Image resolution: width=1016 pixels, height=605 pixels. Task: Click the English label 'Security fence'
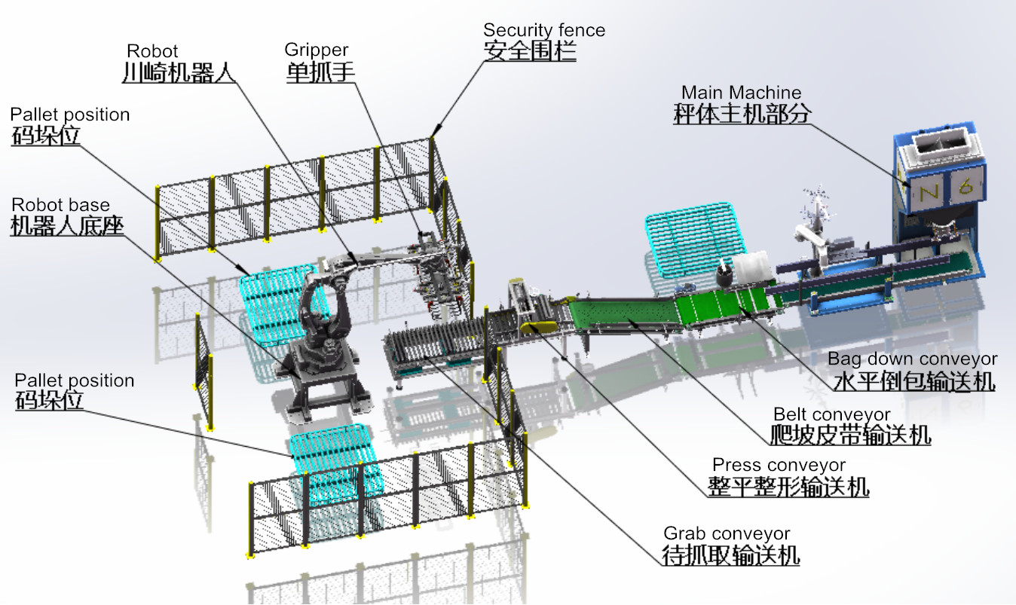(x=544, y=30)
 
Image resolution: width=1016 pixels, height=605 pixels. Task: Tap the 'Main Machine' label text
(x=741, y=93)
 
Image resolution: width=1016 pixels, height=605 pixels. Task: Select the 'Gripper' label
(x=316, y=50)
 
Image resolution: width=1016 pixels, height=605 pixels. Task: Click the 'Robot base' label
(x=60, y=204)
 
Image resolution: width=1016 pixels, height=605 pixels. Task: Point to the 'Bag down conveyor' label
(x=912, y=359)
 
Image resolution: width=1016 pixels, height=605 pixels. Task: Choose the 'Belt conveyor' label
(x=831, y=414)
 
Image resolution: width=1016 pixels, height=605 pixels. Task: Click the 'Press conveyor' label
(x=779, y=465)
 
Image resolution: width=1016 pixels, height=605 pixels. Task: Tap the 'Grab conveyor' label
(x=727, y=533)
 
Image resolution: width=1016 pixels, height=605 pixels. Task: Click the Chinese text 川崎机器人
(x=179, y=72)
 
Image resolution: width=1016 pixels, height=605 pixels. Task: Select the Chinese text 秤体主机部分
(x=742, y=113)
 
